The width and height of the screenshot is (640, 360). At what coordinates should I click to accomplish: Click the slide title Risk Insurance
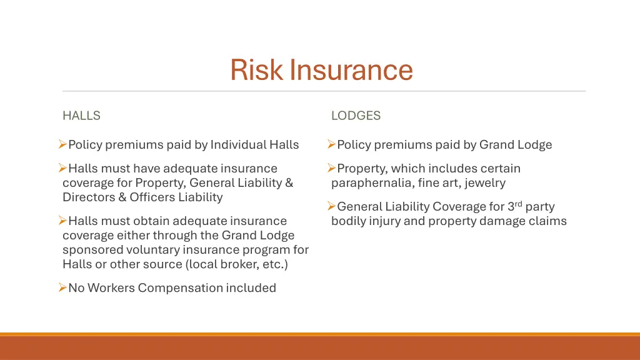[321, 69]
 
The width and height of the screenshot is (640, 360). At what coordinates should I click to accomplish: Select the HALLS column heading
[81, 116]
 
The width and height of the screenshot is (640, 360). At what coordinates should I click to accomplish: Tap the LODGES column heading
[356, 116]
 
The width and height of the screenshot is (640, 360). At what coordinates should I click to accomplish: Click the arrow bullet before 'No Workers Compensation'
[62, 287]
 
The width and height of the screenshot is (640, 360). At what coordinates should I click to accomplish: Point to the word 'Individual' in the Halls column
[238, 145]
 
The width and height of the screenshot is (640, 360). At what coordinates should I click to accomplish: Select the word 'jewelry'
[485, 183]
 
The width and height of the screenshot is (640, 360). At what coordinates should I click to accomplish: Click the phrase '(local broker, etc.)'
[237, 264]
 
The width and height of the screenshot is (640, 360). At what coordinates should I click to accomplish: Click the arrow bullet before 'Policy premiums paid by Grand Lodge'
[331, 145]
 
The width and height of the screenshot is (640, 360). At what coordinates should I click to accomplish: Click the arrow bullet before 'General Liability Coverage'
[331, 206]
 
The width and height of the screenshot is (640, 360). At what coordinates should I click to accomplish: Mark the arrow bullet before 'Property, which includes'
[331, 168]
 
